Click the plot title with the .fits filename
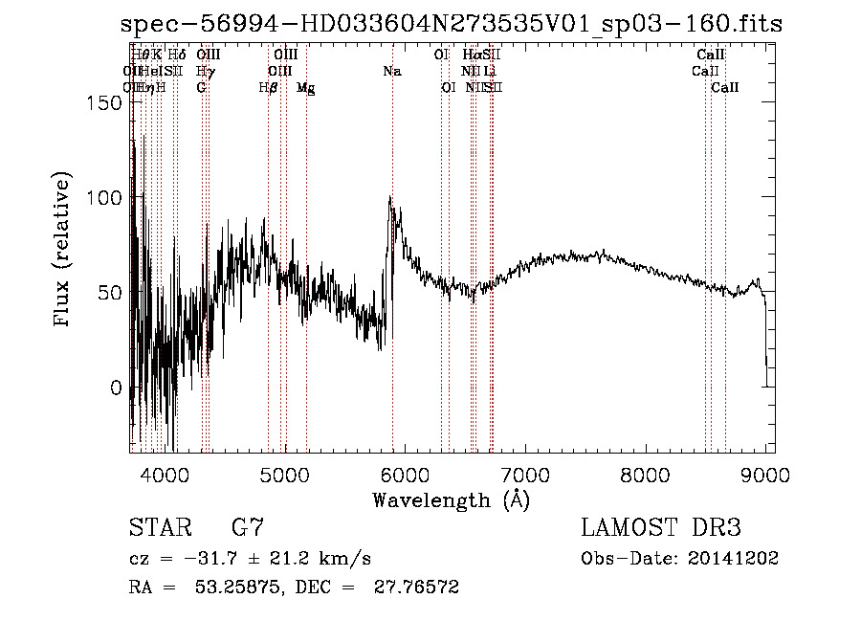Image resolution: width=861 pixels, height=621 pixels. coord(452,25)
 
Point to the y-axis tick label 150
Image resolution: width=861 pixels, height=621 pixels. coord(102,102)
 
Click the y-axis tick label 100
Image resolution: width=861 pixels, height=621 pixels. coord(102,197)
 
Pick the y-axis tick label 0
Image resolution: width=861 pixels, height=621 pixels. coord(115,388)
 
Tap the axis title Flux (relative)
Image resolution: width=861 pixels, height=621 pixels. coord(64,251)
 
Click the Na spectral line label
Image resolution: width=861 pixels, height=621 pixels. coord(392,72)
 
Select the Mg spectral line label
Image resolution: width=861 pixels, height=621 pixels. coord(305,88)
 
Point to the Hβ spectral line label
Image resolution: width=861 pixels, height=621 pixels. coord(269,88)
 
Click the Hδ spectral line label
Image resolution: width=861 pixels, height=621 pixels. coord(177,55)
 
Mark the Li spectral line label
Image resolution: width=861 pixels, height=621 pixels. coord(489,72)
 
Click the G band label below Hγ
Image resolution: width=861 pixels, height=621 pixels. coord(202,88)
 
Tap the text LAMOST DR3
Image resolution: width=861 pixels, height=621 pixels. coord(661,527)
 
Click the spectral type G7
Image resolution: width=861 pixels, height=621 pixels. coord(248,527)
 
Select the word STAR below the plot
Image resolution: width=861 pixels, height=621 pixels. coord(159,527)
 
